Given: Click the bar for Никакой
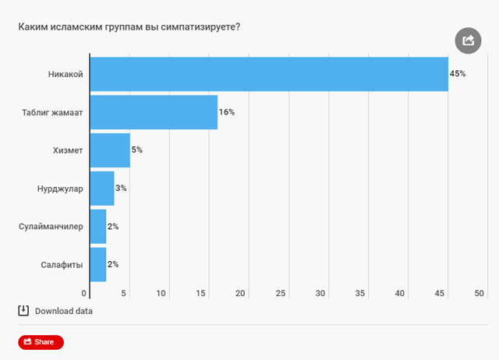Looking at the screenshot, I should point(269,74).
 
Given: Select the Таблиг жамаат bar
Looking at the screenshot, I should point(154,112).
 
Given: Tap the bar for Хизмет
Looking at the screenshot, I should point(110,150).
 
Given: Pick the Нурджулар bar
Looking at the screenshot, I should point(102,188).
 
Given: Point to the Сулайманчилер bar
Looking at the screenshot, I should point(98,226).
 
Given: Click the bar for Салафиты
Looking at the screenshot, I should point(98,264).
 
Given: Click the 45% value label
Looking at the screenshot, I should point(458,74).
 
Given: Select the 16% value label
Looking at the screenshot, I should point(227,112).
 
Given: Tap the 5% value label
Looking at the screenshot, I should point(137,150).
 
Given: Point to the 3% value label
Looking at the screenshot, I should point(122,188).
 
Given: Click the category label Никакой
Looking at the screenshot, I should point(65,74).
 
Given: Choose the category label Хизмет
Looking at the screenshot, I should point(66,150).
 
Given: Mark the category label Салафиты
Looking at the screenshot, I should point(62,264).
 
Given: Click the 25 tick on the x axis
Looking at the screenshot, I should point(281,293).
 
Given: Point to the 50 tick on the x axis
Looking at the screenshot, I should point(480,293).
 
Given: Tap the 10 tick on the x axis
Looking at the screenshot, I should point(161,293).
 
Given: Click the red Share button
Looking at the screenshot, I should point(41,341).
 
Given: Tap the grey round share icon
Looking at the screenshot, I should point(467,41).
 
